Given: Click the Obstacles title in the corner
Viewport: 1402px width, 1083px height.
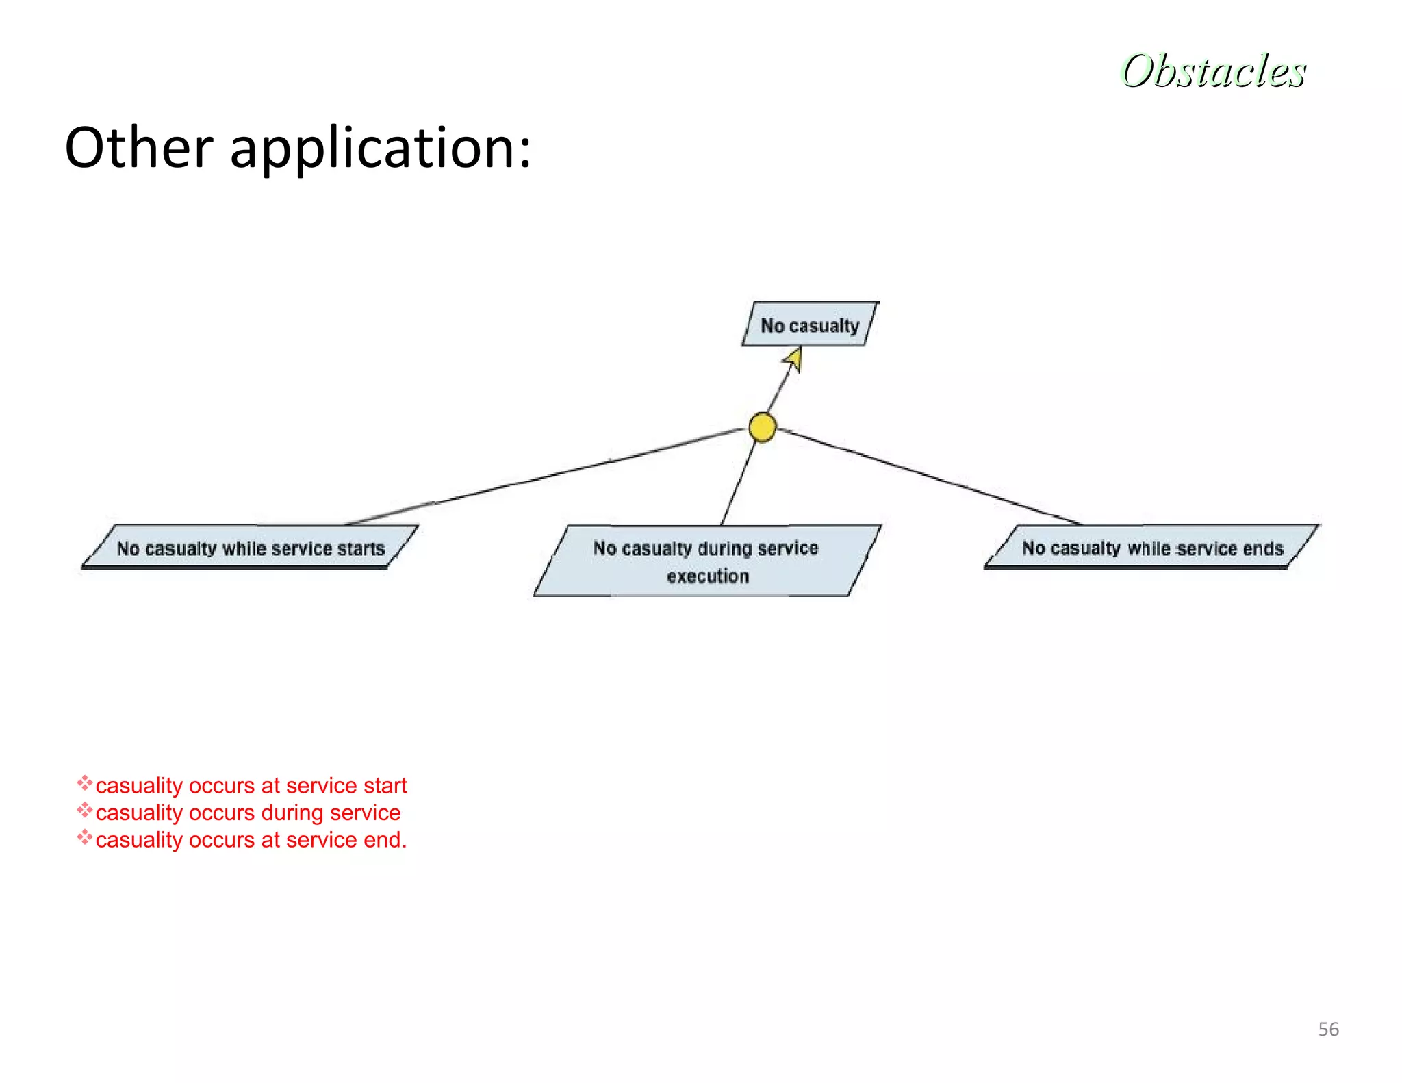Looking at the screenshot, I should [1213, 71].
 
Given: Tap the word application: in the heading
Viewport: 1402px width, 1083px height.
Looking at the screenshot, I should [381, 149].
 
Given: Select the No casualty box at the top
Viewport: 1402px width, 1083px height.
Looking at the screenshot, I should [810, 324].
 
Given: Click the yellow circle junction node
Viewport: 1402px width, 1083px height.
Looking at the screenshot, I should [762, 427].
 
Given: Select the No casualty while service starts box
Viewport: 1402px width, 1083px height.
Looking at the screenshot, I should [250, 548].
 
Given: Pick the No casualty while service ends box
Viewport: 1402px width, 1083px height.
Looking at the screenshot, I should [1152, 548].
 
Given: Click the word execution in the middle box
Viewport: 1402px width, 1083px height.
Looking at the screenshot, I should [708, 576].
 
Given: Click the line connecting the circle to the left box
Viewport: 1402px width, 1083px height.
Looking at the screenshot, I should [548, 476].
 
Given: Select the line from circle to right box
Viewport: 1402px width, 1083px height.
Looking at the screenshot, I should [931, 477].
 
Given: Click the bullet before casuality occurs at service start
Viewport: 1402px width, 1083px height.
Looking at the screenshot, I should [84, 782].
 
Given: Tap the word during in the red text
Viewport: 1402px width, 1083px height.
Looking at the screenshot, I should [292, 813].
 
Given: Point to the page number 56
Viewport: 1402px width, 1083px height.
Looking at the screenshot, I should [1328, 1030].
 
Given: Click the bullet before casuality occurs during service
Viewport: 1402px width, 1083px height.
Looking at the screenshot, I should [84, 811].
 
